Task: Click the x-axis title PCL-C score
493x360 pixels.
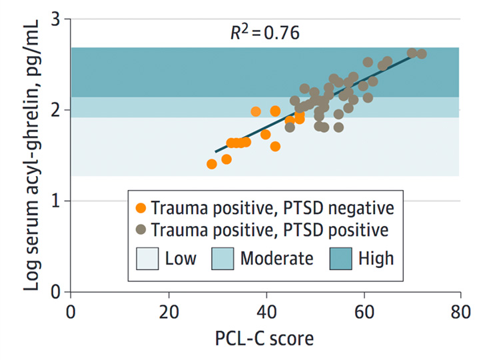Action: [265, 339]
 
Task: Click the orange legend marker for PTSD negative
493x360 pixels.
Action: [140, 207]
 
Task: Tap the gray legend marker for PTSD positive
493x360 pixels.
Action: [140, 231]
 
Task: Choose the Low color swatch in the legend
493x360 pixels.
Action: [150, 257]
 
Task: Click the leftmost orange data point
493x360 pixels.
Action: [212, 164]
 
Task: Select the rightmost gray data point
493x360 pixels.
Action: [421, 54]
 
